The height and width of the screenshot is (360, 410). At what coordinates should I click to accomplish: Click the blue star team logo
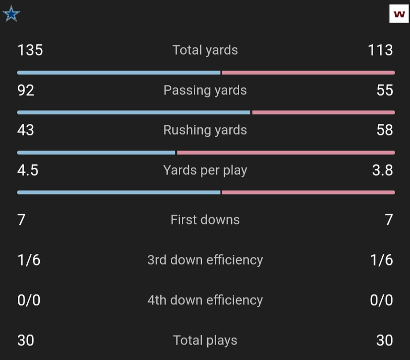tap(12, 14)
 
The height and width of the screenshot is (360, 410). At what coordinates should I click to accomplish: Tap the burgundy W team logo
tap(398, 14)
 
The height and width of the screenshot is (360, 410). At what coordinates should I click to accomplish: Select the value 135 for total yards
tap(30, 50)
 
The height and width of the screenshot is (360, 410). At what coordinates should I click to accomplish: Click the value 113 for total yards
tap(380, 50)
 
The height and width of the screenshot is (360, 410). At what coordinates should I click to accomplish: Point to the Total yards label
tap(205, 50)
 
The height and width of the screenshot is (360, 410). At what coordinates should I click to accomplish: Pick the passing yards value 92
tap(26, 90)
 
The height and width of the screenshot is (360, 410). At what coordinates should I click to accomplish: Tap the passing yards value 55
tap(385, 90)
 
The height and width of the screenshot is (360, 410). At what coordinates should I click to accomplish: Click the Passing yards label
tap(205, 90)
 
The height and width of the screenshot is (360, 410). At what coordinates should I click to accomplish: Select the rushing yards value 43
tap(26, 130)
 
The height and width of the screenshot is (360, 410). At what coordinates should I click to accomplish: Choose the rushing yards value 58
tap(385, 130)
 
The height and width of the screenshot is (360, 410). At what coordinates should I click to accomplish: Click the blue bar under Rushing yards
tap(96, 153)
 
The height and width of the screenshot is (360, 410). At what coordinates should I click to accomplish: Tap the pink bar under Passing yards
tap(324, 112)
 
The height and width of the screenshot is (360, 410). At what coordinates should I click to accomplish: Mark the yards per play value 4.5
tap(28, 170)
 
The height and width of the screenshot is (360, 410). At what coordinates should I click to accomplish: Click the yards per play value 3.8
tap(383, 170)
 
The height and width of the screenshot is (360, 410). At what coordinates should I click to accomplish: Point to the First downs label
tap(205, 220)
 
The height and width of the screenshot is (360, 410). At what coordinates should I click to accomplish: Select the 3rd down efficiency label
tap(205, 260)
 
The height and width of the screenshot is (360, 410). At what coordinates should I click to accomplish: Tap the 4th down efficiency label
tap(205, 300)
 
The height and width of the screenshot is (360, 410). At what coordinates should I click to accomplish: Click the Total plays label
tap(205, 340)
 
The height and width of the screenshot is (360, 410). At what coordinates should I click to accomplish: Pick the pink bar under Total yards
tap(308, 72)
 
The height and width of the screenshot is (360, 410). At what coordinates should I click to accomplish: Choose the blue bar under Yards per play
tap(119, 192)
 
